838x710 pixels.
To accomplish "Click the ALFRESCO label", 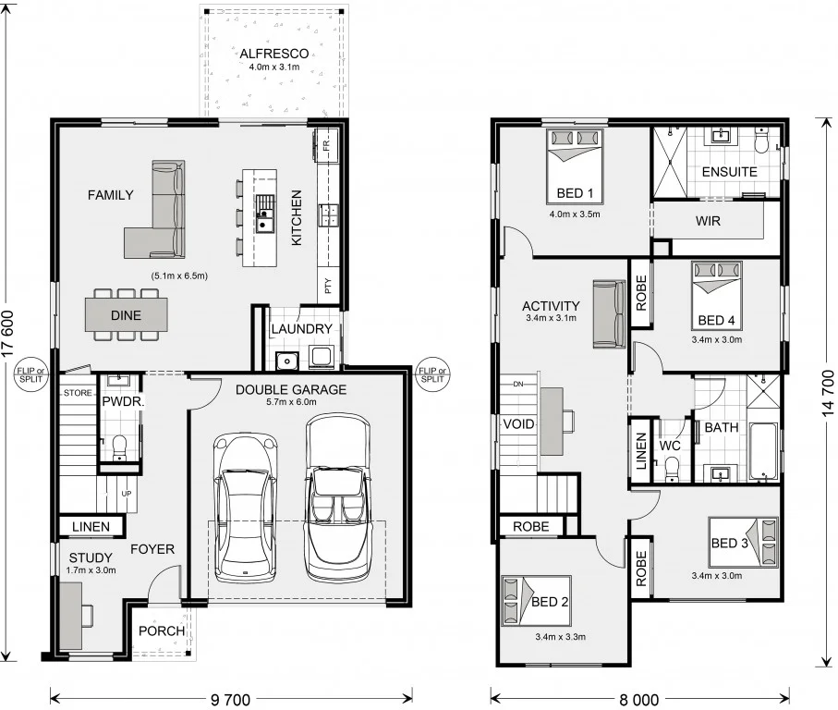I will pyautogui.click(x=273, y=54).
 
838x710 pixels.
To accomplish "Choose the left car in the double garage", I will pyautogui.click(x=246, y=505).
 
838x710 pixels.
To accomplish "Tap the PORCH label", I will pyautogui.click(x=162, y=631).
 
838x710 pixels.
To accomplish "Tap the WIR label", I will pyautogui.click(x=709, y=222).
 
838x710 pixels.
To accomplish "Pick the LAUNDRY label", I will pyautogui.click(x=301, y=329).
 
